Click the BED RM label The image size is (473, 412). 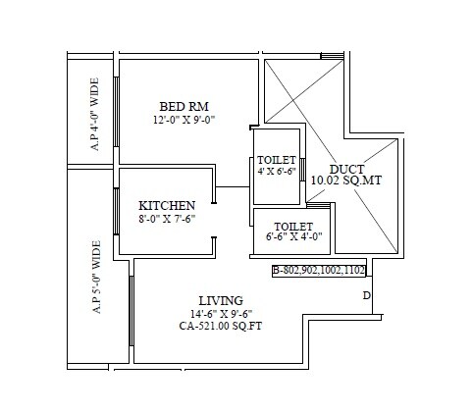click(x=184, y=106)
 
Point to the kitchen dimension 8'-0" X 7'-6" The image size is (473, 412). click(x=166, y=219)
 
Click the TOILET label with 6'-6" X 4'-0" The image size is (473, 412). click(x=281, y=224)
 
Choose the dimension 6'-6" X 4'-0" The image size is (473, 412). click(x=281, y=236)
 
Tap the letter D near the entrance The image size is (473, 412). click(x=366, y=295)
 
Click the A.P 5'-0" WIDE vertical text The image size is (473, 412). click(x=95, y=277)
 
